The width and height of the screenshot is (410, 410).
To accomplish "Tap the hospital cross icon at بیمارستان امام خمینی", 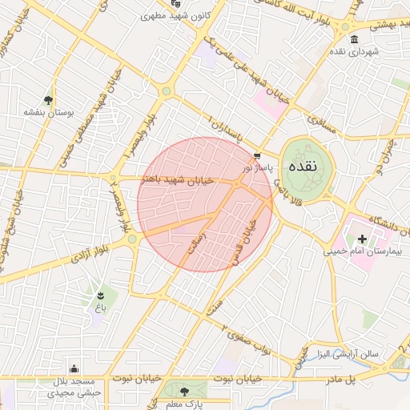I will pos(362,239).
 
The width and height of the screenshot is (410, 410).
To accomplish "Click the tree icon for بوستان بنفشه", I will pos(49,100).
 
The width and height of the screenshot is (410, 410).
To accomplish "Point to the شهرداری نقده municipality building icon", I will pos(355,39).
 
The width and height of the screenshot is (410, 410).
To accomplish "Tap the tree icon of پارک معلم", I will pos(185,392).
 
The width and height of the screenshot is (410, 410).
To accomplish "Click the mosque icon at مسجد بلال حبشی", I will pos(74,369).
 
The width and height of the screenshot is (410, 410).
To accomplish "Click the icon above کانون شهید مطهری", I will pos(176,4).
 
